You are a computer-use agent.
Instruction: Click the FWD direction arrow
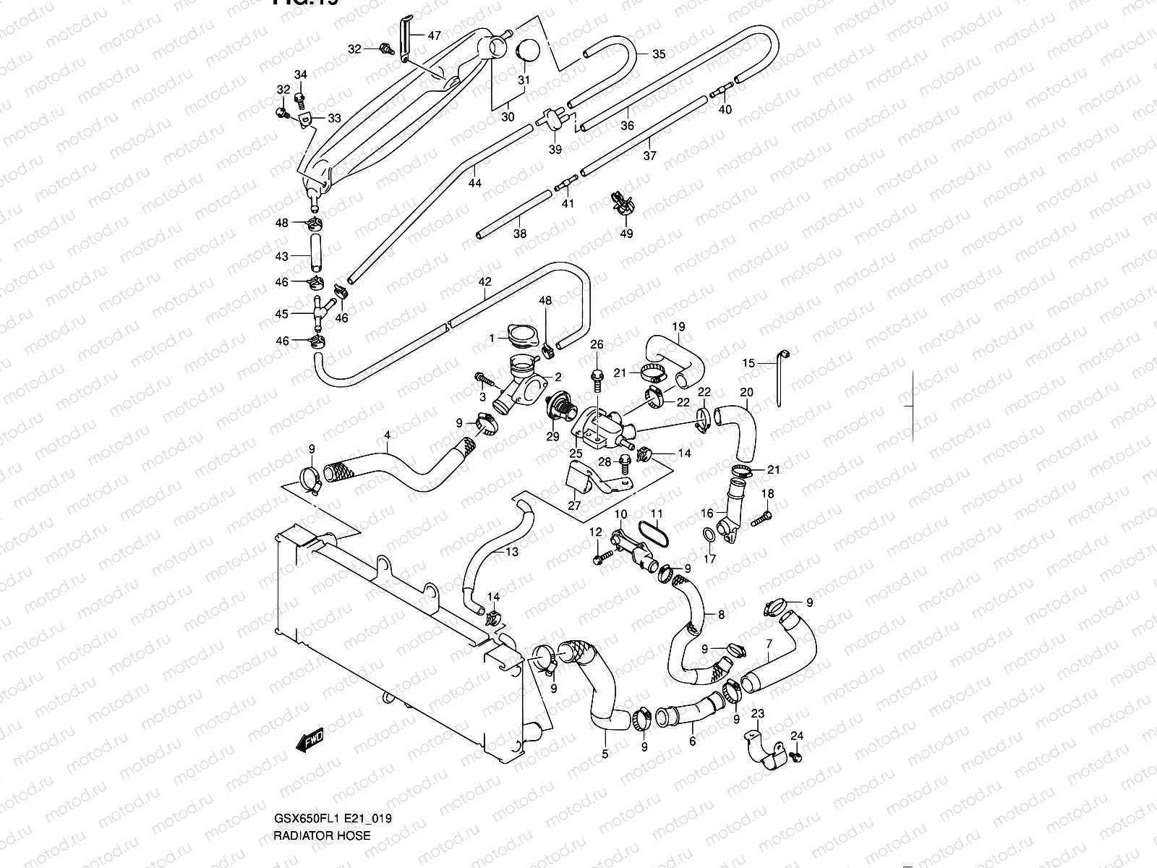(310, 741)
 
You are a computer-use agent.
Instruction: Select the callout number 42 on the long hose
(484, 281)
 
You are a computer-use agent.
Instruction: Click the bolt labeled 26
(597, 375)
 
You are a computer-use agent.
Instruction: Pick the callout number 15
(748, 363)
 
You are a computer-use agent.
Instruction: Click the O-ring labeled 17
(710, 536)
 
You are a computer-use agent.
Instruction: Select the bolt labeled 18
(759, 518)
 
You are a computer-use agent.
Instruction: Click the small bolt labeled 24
(796, 757)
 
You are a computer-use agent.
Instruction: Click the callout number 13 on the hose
(511, 553)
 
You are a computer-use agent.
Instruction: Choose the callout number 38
(520, 234)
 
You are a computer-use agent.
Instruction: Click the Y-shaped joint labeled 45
(318, 312)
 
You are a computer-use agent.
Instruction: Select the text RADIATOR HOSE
(321, 835)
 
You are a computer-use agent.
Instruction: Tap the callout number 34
(301, 75)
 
